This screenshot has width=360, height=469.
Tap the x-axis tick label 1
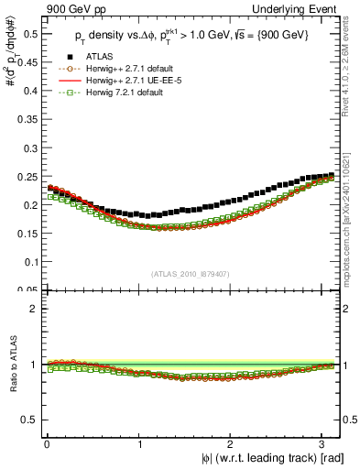tap(138, 444)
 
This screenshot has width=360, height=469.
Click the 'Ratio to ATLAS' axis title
tap(9, 365)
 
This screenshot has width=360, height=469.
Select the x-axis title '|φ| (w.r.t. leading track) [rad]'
tap(267, 458)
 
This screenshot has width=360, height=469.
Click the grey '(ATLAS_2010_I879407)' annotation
tap(191, 275)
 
